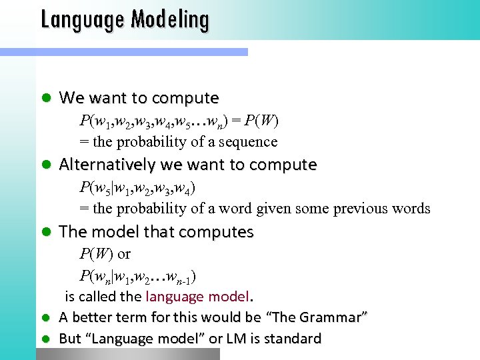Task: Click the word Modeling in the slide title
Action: (x=169, y=19)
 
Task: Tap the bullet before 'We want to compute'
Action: (x=46, y=98)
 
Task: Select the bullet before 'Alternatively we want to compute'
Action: (x=46, y=165)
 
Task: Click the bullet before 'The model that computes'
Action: (x=46, y=232)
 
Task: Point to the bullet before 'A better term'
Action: (x=46, y=318)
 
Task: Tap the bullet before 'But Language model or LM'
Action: (x=46, y=339)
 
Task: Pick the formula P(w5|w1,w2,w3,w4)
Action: (x=137, y=188)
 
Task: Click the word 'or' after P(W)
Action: (x=124, y=254)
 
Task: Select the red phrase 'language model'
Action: (x=197, y=296)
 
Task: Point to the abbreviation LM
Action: (x=237, y=339)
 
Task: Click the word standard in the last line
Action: (x=292, y=339)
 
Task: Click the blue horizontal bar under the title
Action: (x=123, y=51)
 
